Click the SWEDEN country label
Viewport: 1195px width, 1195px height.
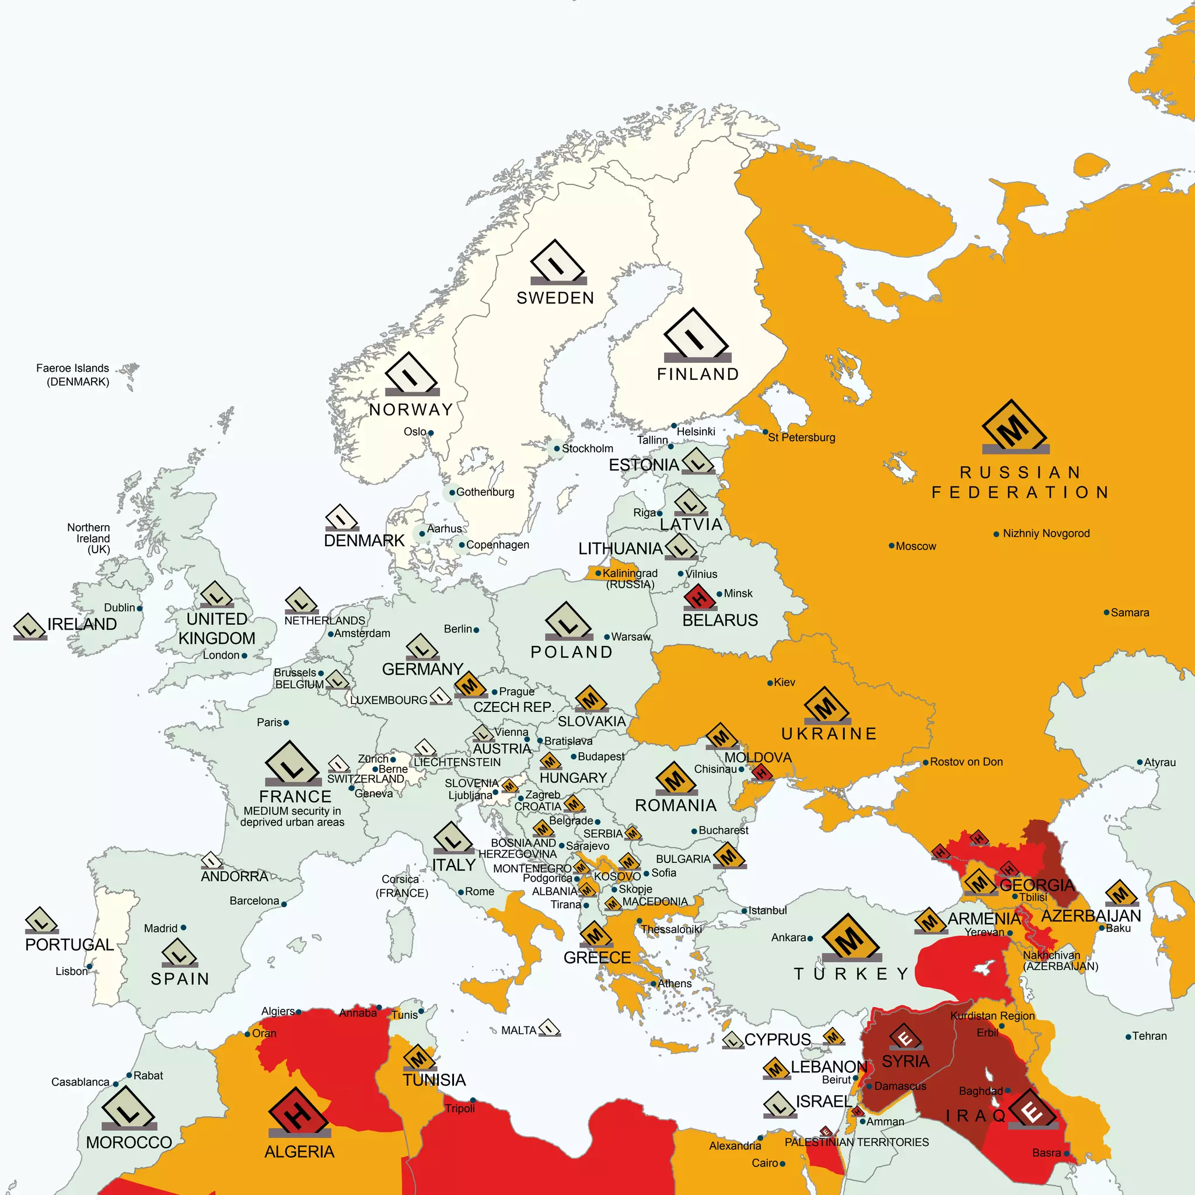click(x=555, y=298)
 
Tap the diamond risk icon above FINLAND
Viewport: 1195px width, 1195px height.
click(x=697, y=336)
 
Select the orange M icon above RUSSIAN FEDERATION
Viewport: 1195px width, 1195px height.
click(x=1014, y=427)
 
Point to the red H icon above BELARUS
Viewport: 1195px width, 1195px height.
click(x=700, y=597)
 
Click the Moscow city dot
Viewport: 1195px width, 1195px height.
click(x=892, y=546)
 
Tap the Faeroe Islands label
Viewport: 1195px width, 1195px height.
click(x=72, y=374)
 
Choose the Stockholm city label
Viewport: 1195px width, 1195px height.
click(x=587, y=449)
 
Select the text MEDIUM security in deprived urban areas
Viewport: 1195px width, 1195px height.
click(x=292, y=816)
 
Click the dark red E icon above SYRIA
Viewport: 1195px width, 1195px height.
click(x=905, y=1037)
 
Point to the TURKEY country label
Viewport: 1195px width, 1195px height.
click(x=851, y=974)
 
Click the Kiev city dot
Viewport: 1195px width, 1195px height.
click(x=770, y=683)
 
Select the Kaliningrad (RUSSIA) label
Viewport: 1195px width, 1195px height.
click(x=630, y=578)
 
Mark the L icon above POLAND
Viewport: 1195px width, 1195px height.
click(x=568, y=621)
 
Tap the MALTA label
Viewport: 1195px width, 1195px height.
click(x=518, y=1030)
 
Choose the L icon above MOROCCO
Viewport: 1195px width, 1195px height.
click(x=128, y=1109)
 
